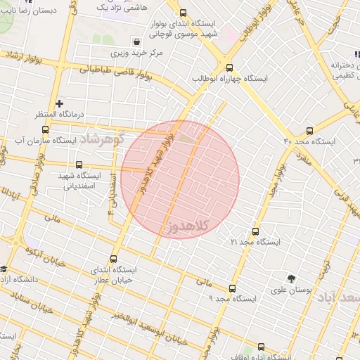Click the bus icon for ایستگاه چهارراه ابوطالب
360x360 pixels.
click(x=229, y=67)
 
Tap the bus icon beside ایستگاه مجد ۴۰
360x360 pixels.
click(x=310, y=130)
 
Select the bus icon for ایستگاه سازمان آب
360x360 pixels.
click(x=46, y=129)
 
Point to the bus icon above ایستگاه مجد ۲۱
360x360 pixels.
click(x=255, y=231)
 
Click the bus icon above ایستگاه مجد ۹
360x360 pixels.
click(x=232, y=288)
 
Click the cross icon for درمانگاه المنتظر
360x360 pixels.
click(x=60, y=103)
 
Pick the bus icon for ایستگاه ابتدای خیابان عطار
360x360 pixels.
click(x=115, y=259)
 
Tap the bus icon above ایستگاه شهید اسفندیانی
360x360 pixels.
click(x=78, y=165)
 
